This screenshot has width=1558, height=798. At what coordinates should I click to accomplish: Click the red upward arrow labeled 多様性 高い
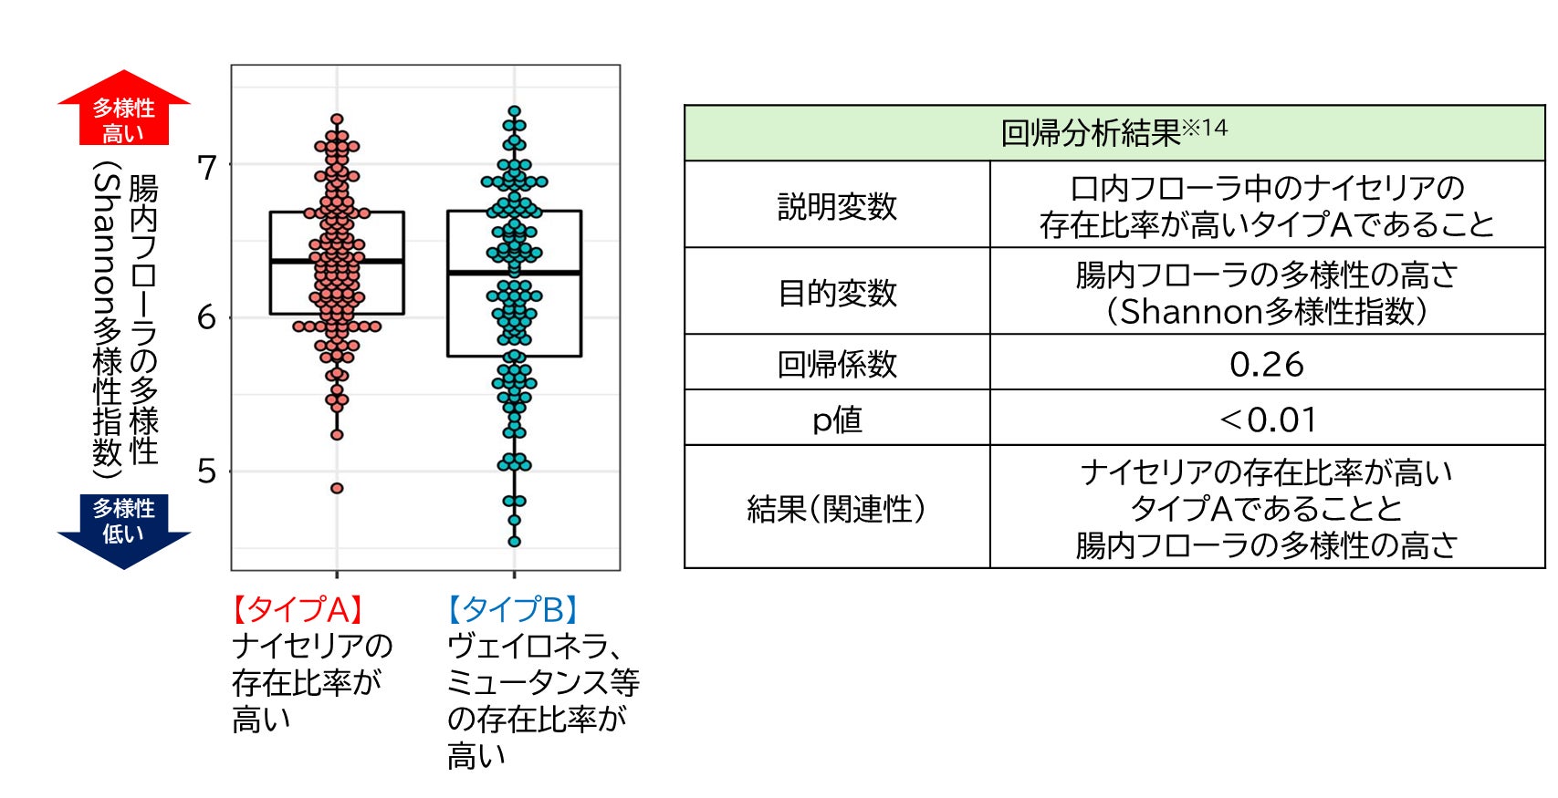coord(123,111)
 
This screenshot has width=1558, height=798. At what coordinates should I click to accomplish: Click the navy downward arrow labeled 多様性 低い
coord(123,528)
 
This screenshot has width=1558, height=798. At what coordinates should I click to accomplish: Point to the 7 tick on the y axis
coord(207,168)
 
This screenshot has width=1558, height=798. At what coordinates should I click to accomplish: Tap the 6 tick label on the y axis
coord(207,318)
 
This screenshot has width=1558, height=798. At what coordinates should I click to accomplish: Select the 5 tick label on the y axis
coord(207,472)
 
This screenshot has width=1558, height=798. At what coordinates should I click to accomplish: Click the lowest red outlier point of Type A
coord(337,488)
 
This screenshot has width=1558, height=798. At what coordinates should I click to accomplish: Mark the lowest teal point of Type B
coord(515,542)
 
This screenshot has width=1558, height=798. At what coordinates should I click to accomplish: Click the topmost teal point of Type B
coord(515,111)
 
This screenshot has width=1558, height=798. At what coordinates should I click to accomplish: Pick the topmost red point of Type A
coord(337,119)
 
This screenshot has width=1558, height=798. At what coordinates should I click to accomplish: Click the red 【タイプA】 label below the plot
coord(298,609)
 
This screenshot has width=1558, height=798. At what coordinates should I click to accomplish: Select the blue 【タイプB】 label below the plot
coord(513,609)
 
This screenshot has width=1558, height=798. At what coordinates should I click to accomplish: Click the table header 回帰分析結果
coord(1091,134)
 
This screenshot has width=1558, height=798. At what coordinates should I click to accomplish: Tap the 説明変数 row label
coord(837,206)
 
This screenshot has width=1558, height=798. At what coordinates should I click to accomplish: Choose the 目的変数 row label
coord(837,293)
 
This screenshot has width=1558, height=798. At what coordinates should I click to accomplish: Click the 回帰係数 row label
coord(837,364)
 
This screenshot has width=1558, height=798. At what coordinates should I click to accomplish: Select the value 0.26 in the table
coord(1266,365)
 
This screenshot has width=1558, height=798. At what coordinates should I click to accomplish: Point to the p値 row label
coord(837,420)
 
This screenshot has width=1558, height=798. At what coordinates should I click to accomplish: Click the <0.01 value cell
coord(1268,420)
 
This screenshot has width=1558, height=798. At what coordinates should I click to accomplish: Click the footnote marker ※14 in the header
coord(1207,127)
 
